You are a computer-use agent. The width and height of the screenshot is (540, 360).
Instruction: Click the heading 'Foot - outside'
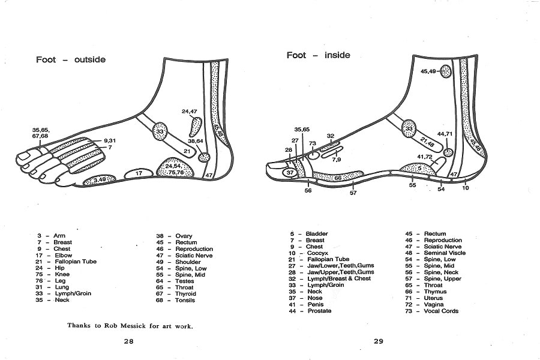pos(71,59)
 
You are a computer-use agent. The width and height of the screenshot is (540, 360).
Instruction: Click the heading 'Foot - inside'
pos(318,55)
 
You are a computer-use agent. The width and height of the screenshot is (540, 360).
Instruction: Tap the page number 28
pos(128,341)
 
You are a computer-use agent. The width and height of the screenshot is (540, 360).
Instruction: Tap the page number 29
pos(378,341)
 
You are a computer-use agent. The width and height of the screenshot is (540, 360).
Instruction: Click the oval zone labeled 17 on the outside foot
pos(138,173)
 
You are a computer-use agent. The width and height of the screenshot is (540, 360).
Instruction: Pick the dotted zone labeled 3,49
pos(100,179)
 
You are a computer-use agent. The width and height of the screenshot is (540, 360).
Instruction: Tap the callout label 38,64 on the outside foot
pos(196,141)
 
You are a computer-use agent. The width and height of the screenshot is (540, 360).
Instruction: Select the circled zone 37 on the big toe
pos(290,173)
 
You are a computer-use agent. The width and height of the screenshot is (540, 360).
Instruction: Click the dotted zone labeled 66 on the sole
pos(337,178)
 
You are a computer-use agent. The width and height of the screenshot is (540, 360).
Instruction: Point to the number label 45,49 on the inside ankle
pos(428,71)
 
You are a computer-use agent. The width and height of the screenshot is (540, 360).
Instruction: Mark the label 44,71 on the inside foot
pos(445,134)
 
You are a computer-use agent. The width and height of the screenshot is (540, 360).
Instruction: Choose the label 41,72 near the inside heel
pos(425,157)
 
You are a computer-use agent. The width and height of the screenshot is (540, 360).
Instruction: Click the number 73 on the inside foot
pos(313,143)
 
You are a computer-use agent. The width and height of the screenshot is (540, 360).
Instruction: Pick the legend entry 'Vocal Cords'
pos(441,311)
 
